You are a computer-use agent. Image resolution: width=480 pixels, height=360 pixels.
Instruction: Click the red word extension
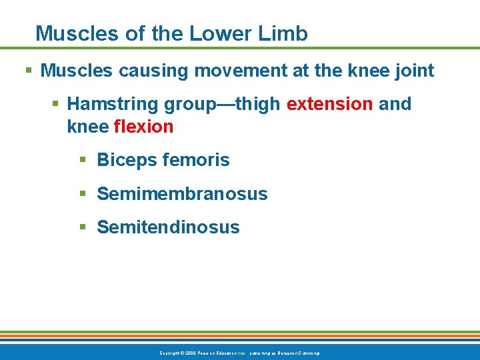pos(329,104)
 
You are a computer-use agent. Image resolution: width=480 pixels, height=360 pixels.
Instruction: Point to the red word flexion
pos(144,127)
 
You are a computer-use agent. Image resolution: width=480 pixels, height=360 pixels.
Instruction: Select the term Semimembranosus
pos(182,194)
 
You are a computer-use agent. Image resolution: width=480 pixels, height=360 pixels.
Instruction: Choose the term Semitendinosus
pos(168,227)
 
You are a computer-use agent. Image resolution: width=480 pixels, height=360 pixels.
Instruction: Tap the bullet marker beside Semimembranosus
pos(83,194)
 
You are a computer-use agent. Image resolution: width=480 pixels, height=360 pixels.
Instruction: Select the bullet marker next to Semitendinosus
pos(83,227)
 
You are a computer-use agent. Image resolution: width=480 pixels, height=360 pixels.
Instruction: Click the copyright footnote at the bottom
pos(240,353)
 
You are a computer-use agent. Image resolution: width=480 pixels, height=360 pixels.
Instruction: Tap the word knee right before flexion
pos(87,127)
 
